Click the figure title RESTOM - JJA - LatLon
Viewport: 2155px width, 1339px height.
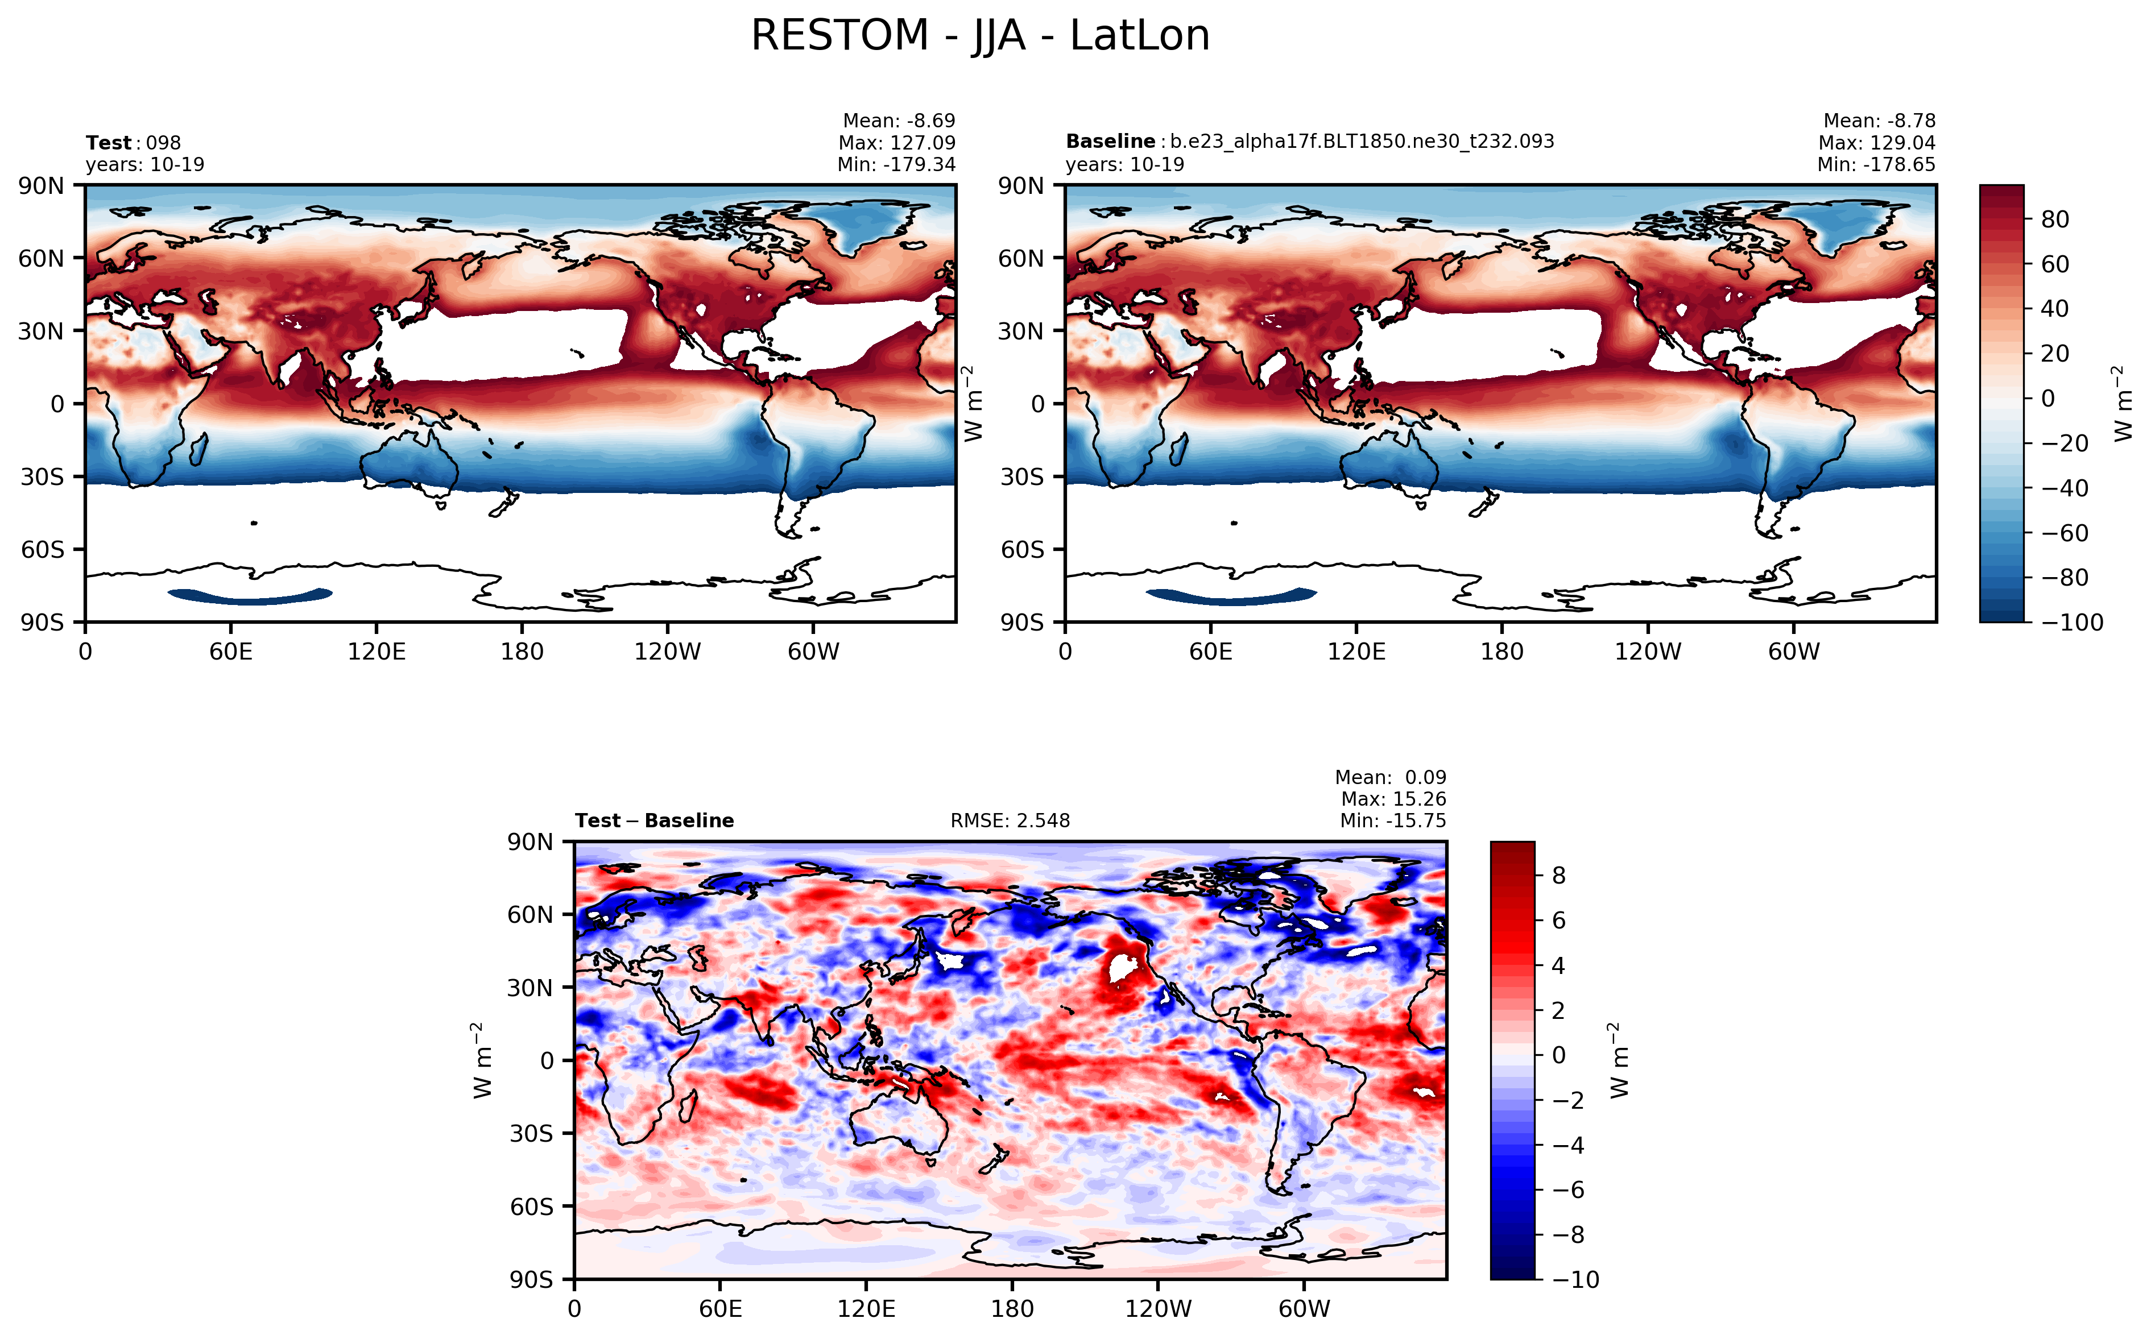click(x=979, y=37)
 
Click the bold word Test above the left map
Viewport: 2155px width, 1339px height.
click(x=108, y=143)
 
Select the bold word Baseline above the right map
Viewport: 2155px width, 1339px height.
click(x=1110, y=142)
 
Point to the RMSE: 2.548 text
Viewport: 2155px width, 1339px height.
click(x=1010, y=821)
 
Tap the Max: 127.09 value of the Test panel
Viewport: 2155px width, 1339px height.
click(x=896, y=143)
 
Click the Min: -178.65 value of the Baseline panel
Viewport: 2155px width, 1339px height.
click(x=1876, y=165)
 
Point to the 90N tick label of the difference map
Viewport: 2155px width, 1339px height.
click(x=530, y=842)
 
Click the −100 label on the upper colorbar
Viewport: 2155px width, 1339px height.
click(x=2072, y=623)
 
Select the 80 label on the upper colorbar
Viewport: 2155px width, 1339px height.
click(x=2055, y=219)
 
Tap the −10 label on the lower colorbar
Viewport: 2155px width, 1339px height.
click(x=1576, y=1280)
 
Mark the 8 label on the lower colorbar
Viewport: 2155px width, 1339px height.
click(x=1559, y=876)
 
